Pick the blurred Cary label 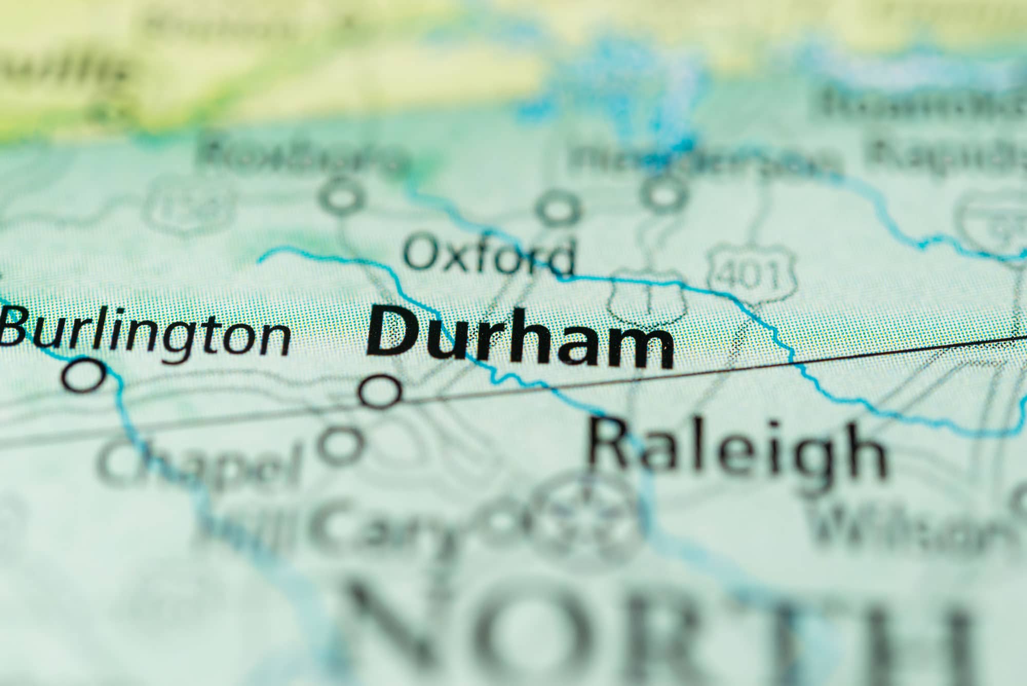390,524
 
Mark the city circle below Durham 380,392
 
